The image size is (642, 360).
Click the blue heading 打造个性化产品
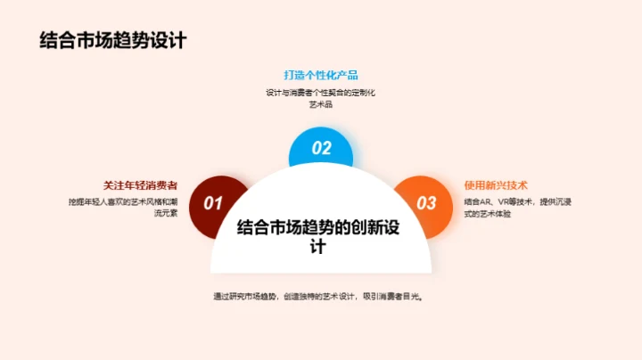(x=321, y=75)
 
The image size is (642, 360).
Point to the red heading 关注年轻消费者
(x=134, y=185)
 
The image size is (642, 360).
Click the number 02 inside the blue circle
(x=321, y=149)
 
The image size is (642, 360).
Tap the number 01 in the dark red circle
(x=212, y=203)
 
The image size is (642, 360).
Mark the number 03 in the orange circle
(x=427, y=203)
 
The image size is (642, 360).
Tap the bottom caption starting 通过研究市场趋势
(x=317, y=296)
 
